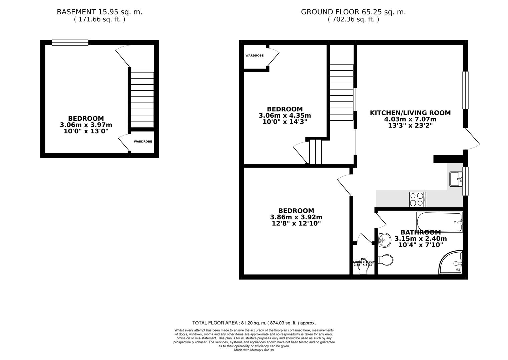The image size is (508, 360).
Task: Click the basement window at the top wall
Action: tap(70, 42)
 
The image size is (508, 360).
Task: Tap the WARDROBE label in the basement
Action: tap(143, 142)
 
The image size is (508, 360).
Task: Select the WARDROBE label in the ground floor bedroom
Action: tap(255, 56)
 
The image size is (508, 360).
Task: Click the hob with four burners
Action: tap(417, 199)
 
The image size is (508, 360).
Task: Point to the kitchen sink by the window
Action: tap(456, 179)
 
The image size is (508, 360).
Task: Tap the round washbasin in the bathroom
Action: tap(385, 240)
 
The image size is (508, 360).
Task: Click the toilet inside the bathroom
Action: tap(387, 260)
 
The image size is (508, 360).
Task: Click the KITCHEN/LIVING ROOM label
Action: tap(410, 113)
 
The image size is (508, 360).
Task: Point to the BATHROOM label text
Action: tap(421, 232)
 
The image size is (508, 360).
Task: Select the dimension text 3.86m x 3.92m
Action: tap(296, 217)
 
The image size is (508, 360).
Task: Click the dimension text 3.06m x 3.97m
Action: tap(86, 125)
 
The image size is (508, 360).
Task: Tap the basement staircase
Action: tap(142, 100)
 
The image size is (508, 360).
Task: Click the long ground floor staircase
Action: tap(342, 92)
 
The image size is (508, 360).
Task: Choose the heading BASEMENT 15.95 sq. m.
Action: tap(99, 12)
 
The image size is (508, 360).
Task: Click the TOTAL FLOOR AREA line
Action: tap(254, 323)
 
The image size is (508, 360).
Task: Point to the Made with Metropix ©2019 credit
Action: tap(254, 350)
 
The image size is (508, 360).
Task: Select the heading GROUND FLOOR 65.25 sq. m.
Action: tap(353, 12)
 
